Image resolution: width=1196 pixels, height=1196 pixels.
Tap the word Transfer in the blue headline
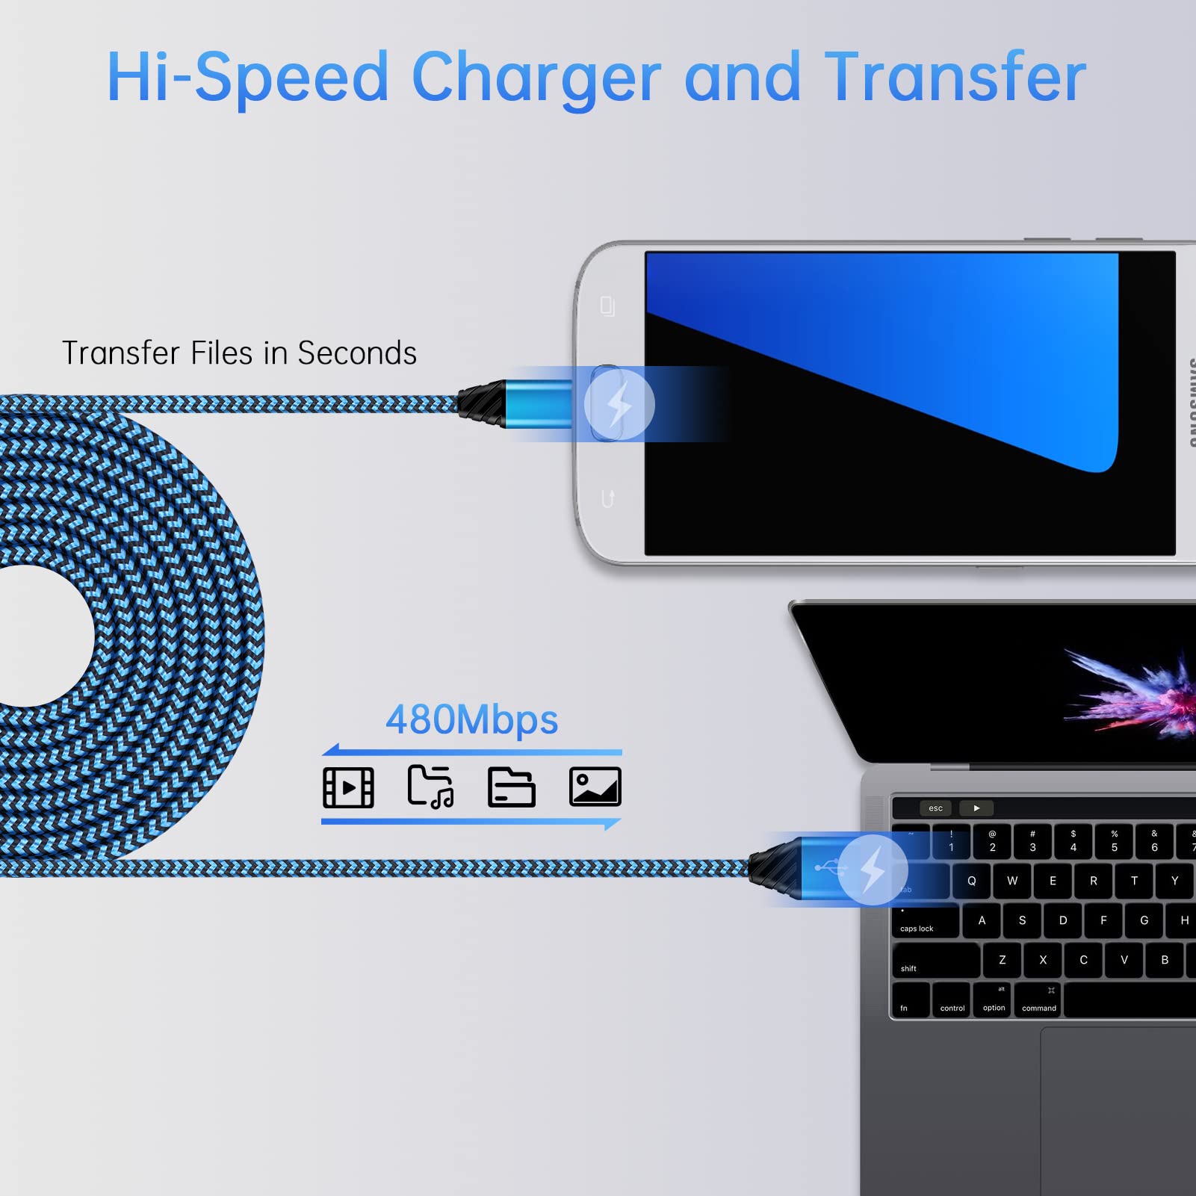[955, 76]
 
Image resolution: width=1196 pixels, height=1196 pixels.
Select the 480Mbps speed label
[471, 719]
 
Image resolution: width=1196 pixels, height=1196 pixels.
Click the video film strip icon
[348, 787]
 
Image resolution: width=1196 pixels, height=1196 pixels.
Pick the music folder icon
[430, 787]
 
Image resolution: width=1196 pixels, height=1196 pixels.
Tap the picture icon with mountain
[595, 787]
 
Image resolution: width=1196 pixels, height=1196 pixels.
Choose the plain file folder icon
[512, 787]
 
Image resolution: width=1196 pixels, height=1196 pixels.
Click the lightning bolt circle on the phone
[619, 404]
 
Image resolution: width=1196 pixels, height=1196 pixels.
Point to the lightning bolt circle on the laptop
[873, 870]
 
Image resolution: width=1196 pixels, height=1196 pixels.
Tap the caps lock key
[925, 921]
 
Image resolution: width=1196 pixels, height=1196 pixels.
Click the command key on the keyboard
[1038, 1000]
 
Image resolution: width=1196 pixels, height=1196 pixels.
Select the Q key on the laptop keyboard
[971, 881]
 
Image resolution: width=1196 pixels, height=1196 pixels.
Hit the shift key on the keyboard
[936, 960]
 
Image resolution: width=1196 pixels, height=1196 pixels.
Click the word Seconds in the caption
[357, 353]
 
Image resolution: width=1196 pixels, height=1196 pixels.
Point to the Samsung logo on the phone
[1189, 403]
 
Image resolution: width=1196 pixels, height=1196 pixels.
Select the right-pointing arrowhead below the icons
[613, 824]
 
